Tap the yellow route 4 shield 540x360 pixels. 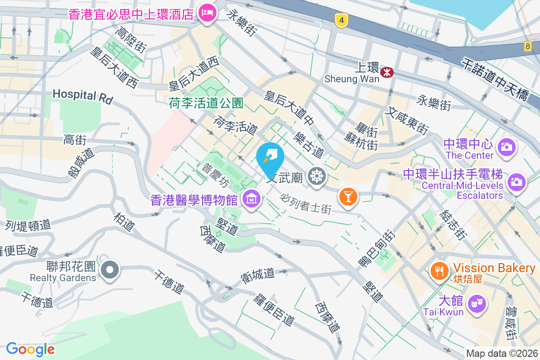(342, 20)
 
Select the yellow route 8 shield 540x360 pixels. (527, 46)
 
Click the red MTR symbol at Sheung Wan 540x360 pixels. (387, 72)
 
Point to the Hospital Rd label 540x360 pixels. (82, 95)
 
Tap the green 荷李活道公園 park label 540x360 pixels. (206, 104)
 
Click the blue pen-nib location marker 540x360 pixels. (270, 157)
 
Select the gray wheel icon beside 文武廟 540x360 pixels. (316, 176)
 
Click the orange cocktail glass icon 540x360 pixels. (348, 196)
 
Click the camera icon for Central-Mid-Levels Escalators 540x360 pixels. (516, 182)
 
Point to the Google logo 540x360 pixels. (31, 349)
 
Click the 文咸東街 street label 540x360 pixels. (409, 121)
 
